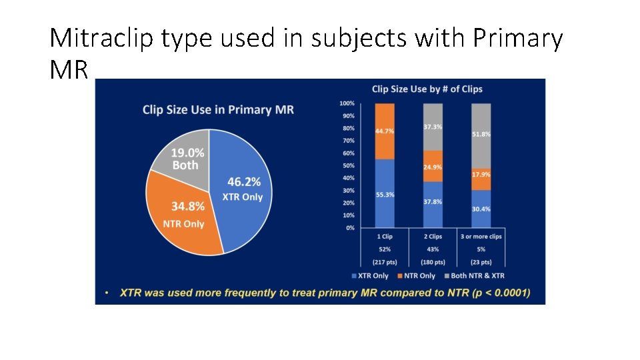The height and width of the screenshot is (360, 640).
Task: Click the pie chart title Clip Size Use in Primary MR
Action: pos(218,110)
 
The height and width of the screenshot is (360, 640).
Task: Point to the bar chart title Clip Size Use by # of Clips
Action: pos(427,89)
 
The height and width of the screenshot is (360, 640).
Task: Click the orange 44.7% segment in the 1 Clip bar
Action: pos(385,131)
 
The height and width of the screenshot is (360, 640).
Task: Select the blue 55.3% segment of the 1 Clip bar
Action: pos(385,194)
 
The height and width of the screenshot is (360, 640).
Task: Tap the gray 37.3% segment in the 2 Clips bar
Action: pos(433,127)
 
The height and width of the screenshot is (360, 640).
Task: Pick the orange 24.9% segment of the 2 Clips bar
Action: pos(433,166)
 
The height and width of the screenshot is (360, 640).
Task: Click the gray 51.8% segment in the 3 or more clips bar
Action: pos(481,135)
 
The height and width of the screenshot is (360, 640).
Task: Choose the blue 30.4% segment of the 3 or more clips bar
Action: pos(481,209)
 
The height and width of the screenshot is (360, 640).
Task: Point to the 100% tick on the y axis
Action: pos(347,103)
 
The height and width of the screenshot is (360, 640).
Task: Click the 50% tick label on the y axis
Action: pos(348,165)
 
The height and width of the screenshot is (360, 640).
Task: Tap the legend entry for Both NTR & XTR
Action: pos(477,275)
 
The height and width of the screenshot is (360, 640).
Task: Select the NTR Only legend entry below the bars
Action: pos(417,275)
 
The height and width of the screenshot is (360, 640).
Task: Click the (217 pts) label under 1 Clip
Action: pos(385,261)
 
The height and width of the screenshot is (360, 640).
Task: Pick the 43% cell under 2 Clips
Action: pos(433,249)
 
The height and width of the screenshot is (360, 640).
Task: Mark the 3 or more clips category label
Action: pos(481,236)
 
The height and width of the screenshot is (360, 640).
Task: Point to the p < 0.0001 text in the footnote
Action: pos(500,293)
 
